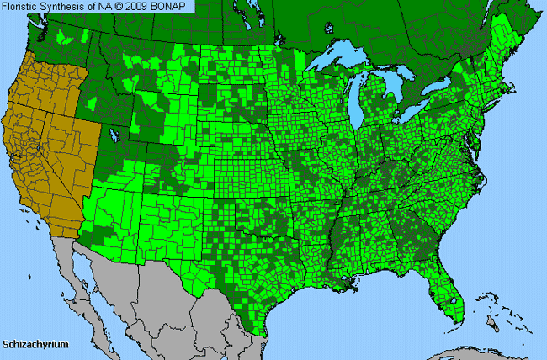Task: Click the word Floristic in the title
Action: tap(23, 7)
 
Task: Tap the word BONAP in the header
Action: tap(174, 7)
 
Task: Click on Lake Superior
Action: tap(337, 61)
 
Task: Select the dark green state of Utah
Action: tap(118, 151)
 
